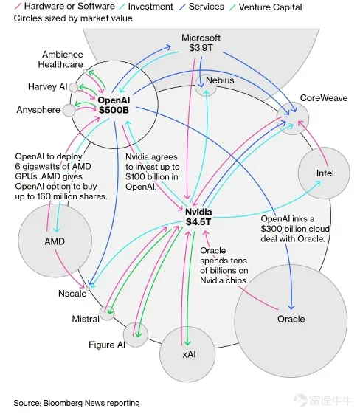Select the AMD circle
coord(54,241)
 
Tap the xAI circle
coord(187,355)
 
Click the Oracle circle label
coord(291,319)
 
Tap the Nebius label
coord(220,79)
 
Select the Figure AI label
coord(106,345)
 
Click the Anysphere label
coord(38,110)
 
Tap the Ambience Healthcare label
coord(62,60)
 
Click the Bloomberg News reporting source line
coord(76,403)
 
